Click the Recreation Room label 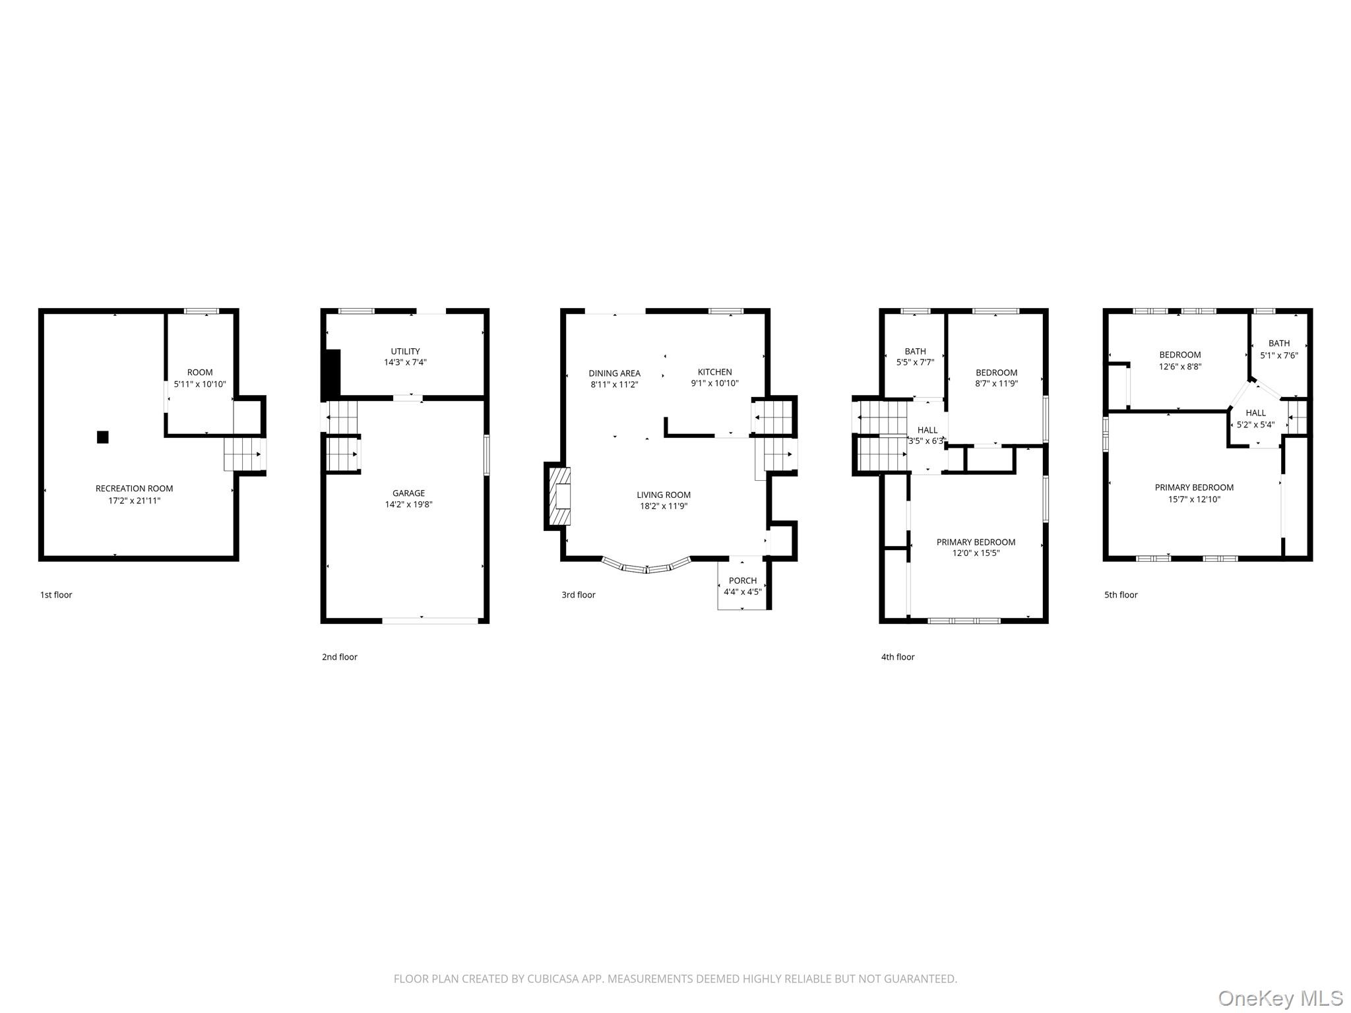(135, 489)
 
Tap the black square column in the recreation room (102, 437)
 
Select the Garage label (409, 493)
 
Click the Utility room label (405, 352)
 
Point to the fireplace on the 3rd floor (557, 496)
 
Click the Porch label (743, 581)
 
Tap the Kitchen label (715, 372)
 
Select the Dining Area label (615, 373)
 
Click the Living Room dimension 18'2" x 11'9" (664, 506)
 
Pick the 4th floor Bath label (916, 352)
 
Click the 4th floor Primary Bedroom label (976, 542)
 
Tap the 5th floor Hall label (1256, 413)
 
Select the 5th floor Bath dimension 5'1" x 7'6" (1279, 355)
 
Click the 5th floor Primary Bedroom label (1194, 487)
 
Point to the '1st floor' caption (56, 595)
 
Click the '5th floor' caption (1121, 595)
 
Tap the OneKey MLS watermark (1280, 998)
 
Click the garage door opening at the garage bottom (431, 621)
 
